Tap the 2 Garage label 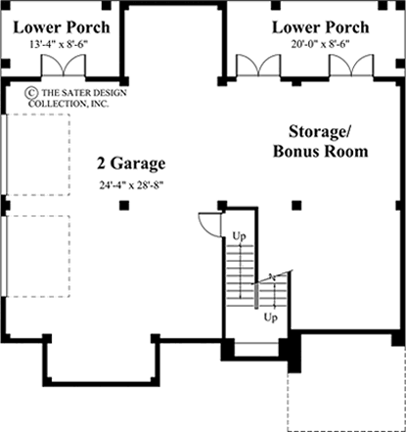[131, 164]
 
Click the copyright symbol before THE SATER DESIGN [30, 94]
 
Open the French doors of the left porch [61, 67]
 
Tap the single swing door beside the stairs [206, 223]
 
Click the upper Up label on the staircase [238, 235]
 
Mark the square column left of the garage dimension [122, 205]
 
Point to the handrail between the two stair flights [256, 294]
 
